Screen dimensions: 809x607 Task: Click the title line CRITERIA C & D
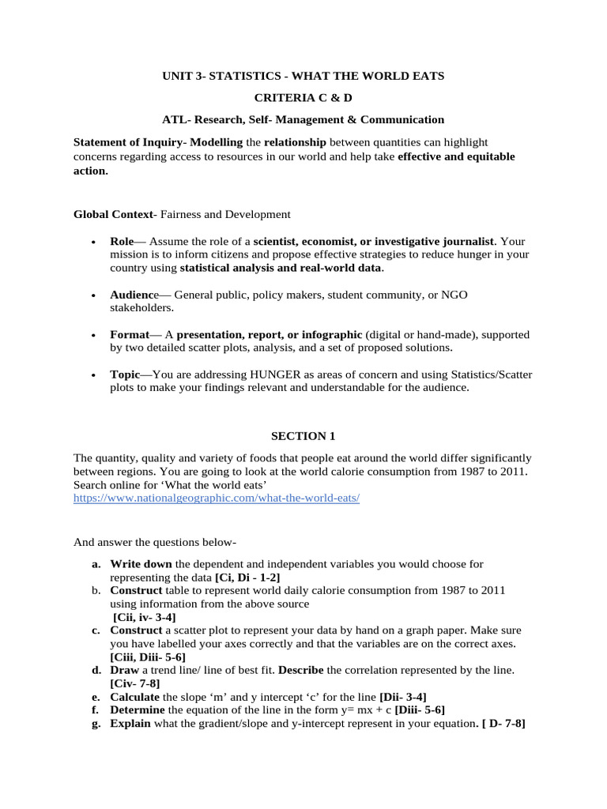[x=303, y=97]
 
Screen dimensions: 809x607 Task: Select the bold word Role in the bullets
[x=123, y=241]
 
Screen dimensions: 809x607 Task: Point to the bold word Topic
[x=125, y=374]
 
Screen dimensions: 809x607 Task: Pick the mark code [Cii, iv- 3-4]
[x=145, y=616]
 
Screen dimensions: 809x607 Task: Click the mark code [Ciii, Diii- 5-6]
[x=148, y=657]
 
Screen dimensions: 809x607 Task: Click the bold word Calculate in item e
[x=135, y=697]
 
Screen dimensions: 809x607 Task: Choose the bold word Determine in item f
[x=138, y=710]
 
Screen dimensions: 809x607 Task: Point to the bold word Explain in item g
[x=130, y=724]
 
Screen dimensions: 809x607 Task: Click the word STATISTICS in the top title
[x=244, y=76]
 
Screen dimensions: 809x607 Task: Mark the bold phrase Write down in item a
[x=141, y=564]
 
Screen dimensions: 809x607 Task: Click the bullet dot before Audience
[x=94, y=295]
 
